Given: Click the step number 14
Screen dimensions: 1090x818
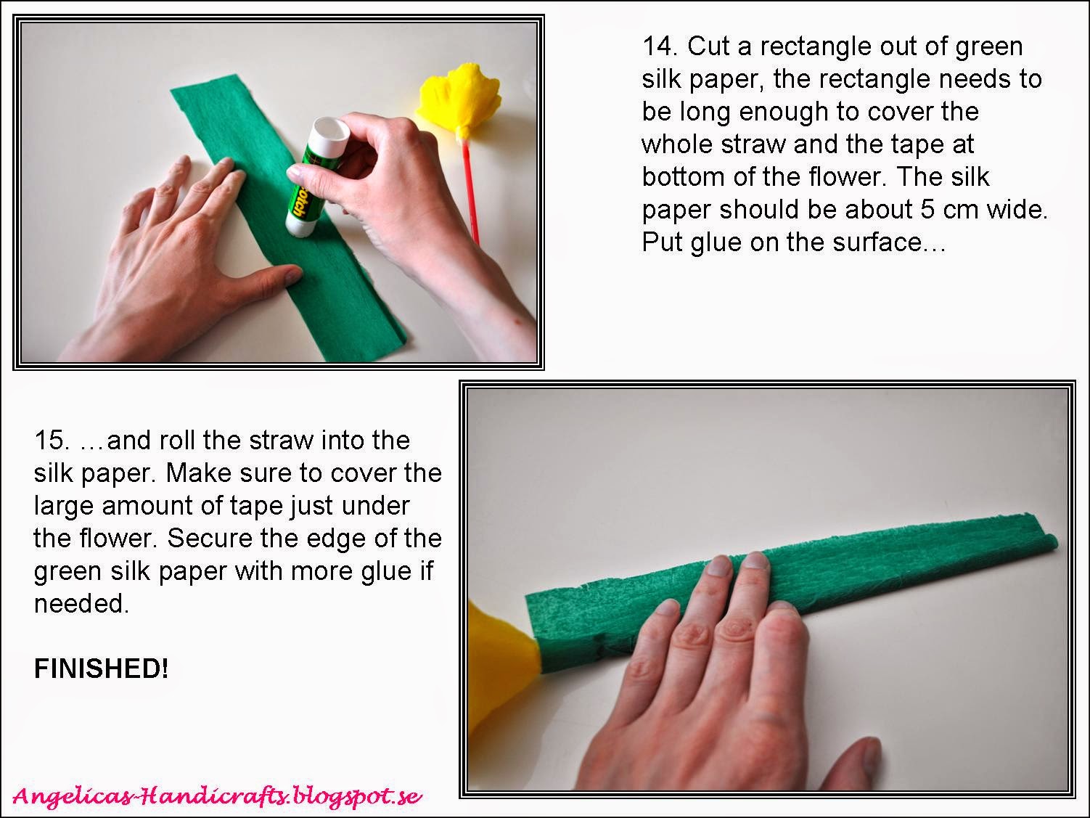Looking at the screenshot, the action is pos(660,46).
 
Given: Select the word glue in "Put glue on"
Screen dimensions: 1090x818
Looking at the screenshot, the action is pos(716,243).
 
